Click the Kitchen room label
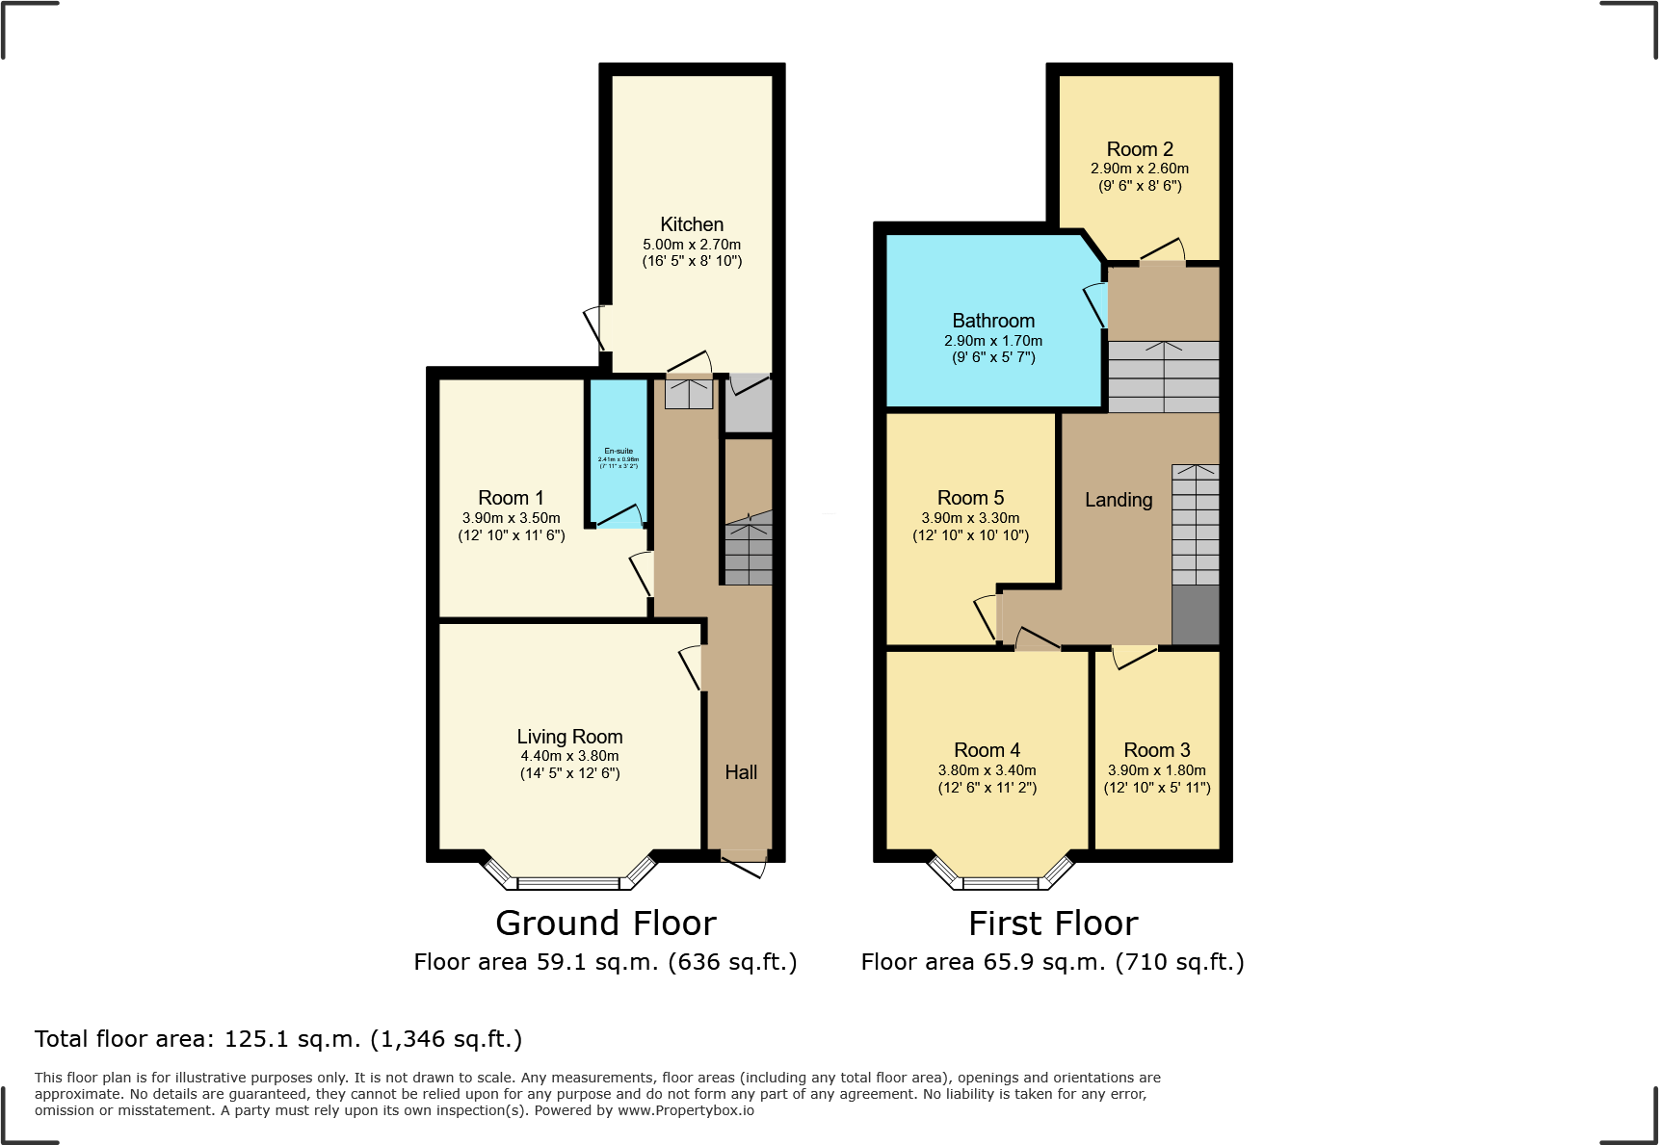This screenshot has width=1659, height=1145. [692, 224]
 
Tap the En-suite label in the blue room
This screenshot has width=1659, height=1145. [619, 451]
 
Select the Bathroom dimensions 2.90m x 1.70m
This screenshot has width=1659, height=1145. [992, 341]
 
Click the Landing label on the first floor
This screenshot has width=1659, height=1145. [1118, 500]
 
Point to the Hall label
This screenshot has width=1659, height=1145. [741, 772]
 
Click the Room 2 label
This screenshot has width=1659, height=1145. [1140, 149]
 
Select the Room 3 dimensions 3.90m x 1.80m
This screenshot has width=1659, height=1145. [1156, 770]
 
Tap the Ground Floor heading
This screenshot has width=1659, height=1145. [606, 924]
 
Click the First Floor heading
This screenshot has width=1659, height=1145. [1053, 924]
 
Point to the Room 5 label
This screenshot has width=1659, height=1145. [970, 498]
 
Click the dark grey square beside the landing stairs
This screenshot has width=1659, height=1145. [1196, 614]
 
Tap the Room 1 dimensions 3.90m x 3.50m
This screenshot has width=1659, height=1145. [511, 518]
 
